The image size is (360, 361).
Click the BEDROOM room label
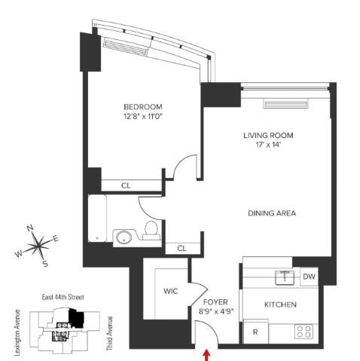tap(143, 107)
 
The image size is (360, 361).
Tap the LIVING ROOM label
tap(268, 136)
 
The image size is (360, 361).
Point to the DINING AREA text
tap(272, 213)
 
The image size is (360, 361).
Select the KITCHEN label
tap(280, 304)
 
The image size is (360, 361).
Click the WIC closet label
tap(171, 291)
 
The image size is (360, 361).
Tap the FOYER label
tap(215, 302)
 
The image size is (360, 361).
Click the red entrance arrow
tap(206, 355)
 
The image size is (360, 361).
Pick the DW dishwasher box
tap(310, 277)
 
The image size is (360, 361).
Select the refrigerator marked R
tap(256, 332)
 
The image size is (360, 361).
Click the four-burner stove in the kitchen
tap(304, 332)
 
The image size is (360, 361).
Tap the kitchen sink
tap(285, 277)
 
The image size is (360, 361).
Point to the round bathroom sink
tap(124, 237)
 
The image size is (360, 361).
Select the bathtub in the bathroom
tap(97, 219)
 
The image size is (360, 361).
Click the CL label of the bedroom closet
tap(126, 185)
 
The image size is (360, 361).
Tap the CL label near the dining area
tap(182, 249)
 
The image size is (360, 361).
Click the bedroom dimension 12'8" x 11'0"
tap(143, 117)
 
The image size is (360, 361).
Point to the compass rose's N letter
tap(30, 228)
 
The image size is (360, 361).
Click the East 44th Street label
tap(63, 297)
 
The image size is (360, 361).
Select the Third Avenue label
tap(109, 333)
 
